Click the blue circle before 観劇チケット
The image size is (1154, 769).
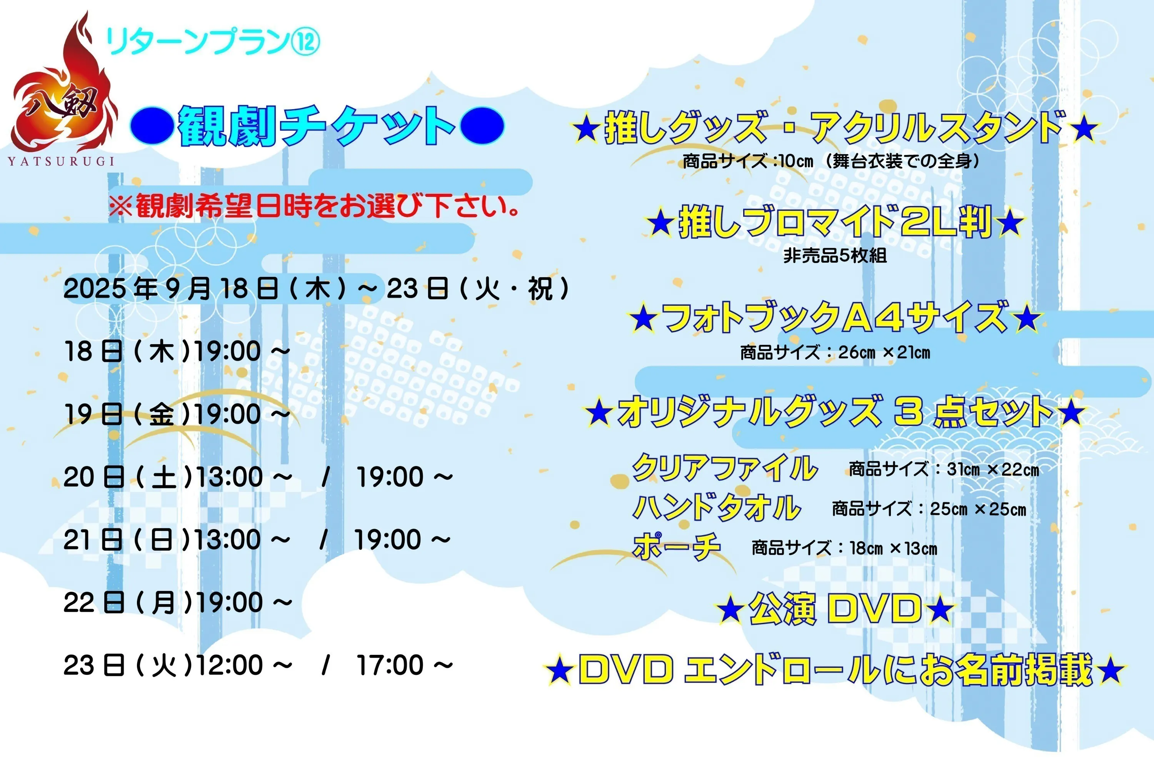[x=152, y=126]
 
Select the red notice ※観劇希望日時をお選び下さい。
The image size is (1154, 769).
[x=314, y=206]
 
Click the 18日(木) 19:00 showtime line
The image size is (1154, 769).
[x=177, y=351]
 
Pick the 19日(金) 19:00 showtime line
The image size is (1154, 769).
[x=177, y=414]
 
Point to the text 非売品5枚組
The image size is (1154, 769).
[x=835, y=256]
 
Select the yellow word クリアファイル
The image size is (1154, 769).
[x=725, y=468]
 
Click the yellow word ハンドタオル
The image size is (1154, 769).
[x=717, y=507]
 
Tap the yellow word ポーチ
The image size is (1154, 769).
[x=677, y=546]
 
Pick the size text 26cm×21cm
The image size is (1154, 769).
[x=884, y=352]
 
